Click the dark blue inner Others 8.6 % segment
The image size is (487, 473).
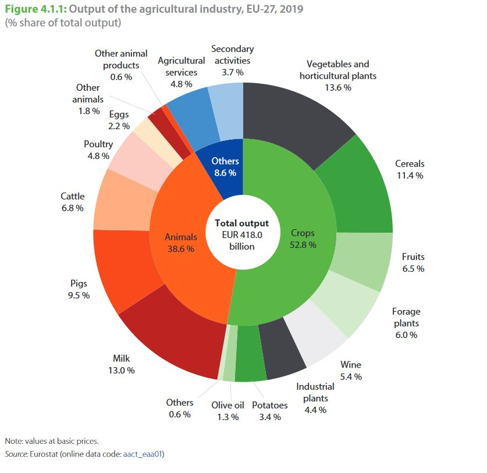224,166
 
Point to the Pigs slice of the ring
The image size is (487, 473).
119,268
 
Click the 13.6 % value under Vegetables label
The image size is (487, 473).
338,87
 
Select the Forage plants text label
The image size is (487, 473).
406,317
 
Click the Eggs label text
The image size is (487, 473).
119,114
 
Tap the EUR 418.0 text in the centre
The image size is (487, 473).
241,234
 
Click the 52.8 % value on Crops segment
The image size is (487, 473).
303,245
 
